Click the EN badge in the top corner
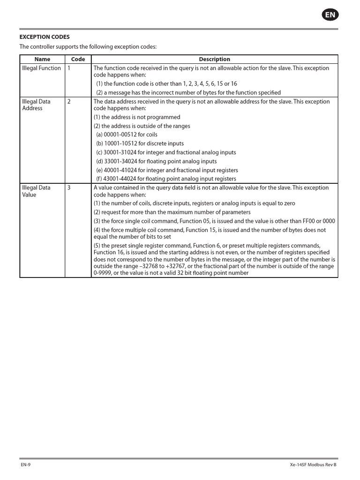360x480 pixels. [330, 15]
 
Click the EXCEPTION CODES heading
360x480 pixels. [45, 37]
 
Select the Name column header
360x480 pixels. [42, 60]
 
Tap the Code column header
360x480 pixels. [78, 60]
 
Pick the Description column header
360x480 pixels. [214, 60]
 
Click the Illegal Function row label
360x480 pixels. [42, 68]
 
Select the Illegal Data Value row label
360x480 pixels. [35, 191]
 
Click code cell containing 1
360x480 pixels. [69, 68]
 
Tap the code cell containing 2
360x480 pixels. [69, 102]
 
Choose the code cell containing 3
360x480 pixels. [69, 188]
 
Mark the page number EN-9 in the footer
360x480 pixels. [25, 465]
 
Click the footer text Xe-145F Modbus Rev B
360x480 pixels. [313, 465]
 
